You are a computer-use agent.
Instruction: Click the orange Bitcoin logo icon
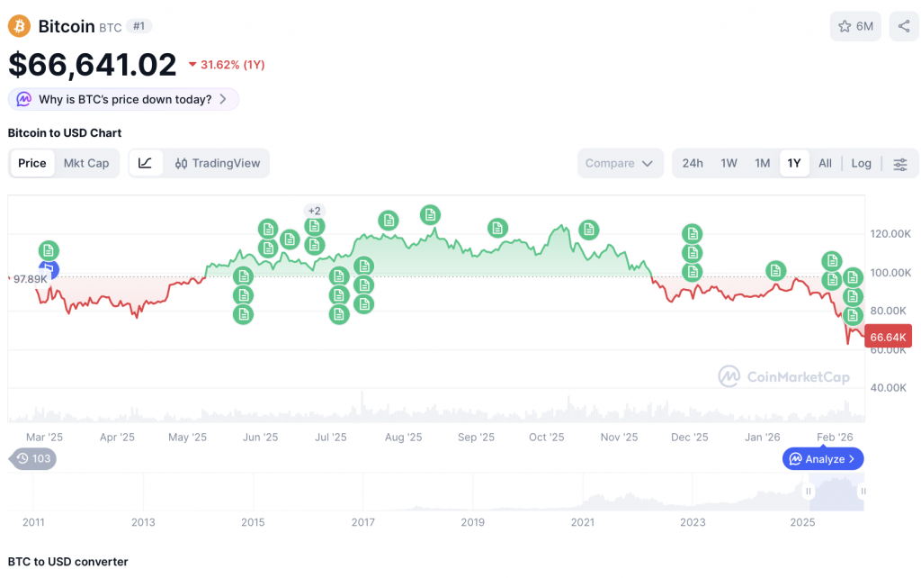[x=19, y=26]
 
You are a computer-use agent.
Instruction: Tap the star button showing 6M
[x=855, y=26]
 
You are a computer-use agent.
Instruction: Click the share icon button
[x=904, y=26]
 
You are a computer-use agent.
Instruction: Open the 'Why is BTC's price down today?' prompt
[x=123, y=99]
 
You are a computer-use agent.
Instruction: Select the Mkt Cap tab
[x=86, y=163]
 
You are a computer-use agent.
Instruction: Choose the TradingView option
[x=217, y=163]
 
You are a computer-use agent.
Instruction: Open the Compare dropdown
[x=621, y=163]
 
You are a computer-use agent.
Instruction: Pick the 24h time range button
[x=693, y=163]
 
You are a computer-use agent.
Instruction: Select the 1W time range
[x=729, y=163]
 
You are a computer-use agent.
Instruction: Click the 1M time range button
[x=763, y=163]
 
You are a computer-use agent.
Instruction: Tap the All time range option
[x=825, y=163]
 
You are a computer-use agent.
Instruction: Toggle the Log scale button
[x=862, y=163]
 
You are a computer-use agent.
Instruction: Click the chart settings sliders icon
[x=900, y=164]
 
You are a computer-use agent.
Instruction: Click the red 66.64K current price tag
[x=888, y=337]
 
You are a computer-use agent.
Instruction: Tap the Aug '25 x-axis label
[x=403, y=438]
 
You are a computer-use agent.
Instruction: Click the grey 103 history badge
[x=33, y=458]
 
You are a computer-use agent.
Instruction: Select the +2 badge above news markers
[x=314, y=211]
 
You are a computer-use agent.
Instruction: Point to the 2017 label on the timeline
[x=362, y=522]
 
